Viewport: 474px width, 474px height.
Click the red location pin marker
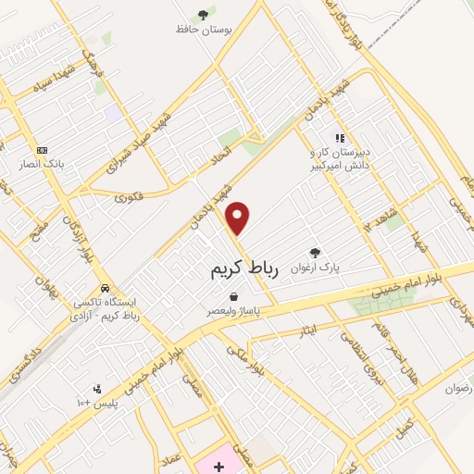coord(239,218)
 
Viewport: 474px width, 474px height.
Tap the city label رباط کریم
coord(239,268)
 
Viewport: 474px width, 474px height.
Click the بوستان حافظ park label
coord(202,29)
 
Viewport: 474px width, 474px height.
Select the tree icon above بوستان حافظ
coord(202,13)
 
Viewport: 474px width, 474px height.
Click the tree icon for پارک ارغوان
coord(315,252)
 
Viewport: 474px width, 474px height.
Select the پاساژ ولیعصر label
coord(233,312)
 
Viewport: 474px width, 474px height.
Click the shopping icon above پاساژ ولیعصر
coord(233,296)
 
